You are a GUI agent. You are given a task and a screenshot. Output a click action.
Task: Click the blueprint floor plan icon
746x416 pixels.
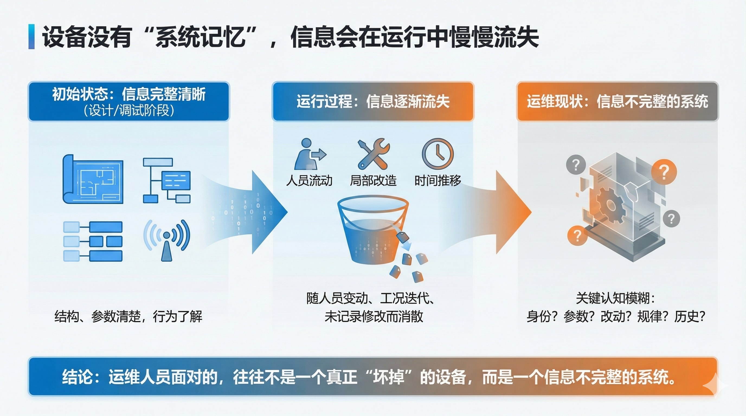93,179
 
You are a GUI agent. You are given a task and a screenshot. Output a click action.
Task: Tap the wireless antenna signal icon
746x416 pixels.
167,240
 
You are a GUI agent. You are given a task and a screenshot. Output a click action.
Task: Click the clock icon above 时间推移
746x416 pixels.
438,153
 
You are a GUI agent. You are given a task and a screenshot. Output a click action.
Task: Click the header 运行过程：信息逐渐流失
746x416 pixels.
373,102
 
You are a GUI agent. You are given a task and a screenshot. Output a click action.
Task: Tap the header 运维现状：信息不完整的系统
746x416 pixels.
618,102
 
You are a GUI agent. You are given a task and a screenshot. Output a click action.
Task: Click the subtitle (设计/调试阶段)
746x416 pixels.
129,110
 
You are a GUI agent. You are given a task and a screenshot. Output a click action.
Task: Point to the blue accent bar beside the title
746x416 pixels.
31,37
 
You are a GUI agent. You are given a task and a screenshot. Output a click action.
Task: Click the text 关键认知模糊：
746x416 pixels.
616,298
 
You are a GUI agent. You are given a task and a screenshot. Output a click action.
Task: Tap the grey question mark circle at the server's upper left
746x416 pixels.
576,165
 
